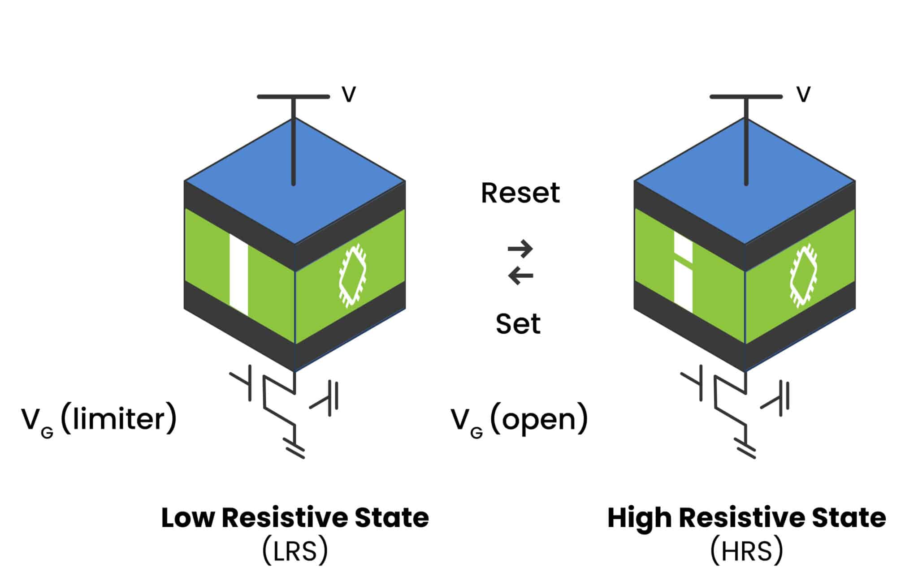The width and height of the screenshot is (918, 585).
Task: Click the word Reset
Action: [x=520, y=194]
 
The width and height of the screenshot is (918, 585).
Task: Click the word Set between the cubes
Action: [x=518, y=324]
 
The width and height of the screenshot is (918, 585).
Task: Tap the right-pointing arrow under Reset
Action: [x=520, y=249]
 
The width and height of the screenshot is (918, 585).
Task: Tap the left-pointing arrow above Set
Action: [x=520, y=275]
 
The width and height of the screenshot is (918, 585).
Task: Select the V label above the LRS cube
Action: [x=349, y=95]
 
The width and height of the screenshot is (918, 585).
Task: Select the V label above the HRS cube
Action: [x=803, y=95]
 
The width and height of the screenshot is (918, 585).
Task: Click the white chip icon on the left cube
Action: [x=352, y=275]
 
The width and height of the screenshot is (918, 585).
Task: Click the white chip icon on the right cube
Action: [x=803, y=275]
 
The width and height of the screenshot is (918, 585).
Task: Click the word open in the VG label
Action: [x=539, y=419]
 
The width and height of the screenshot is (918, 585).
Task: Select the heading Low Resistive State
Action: [x=295, y=518]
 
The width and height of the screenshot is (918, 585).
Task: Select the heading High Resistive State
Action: [x=746, y=518]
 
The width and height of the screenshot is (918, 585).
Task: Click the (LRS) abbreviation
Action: [x=295, y=551]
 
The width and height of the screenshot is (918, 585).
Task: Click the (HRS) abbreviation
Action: [x=746, y=551]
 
